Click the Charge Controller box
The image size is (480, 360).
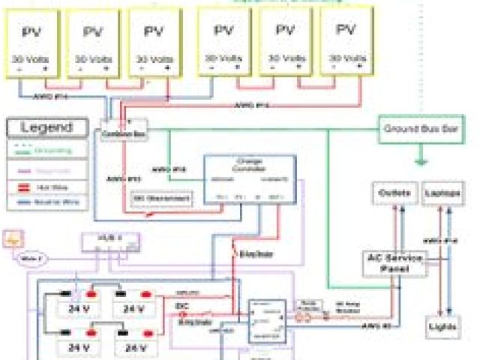[x=250, y=181]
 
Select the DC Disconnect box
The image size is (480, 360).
[x=161, y=198]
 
